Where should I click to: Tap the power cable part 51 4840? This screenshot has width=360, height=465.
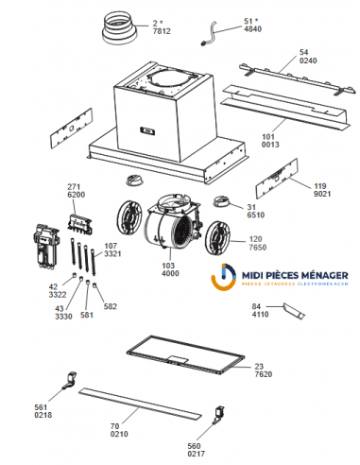[215, 37]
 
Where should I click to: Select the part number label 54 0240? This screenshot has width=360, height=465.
[304, 57]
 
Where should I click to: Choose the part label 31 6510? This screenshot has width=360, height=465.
[252, 211]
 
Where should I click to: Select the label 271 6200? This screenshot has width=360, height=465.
[77, 189]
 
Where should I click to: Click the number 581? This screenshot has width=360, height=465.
[88, 316]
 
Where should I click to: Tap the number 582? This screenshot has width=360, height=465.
[111, 306]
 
